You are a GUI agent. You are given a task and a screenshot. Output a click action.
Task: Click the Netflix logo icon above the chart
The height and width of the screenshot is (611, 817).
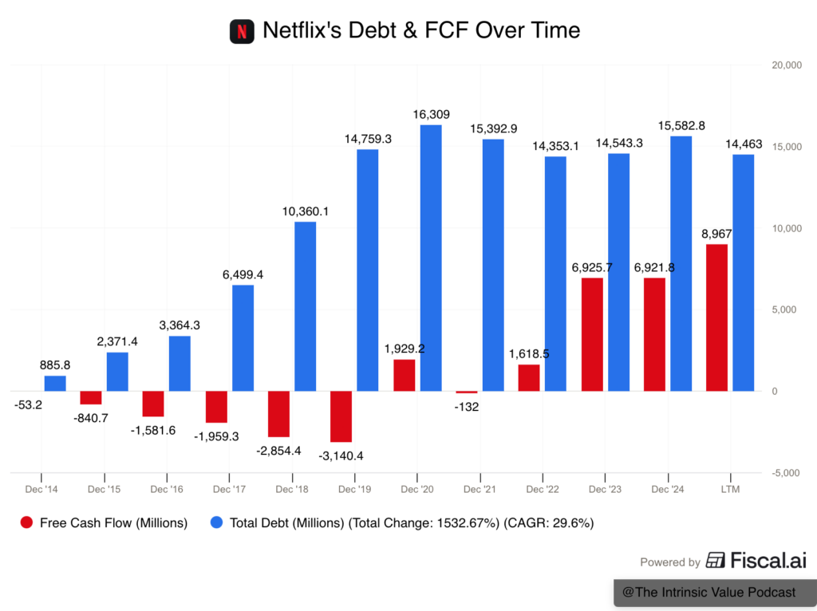coord(242,32)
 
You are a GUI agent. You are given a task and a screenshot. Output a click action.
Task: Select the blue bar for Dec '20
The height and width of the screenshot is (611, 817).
coord(431,257)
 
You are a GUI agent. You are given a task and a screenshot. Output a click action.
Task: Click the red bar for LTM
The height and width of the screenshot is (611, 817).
coord(716,317)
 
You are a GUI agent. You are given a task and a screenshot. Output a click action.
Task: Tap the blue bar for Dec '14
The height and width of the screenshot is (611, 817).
coord(55,383)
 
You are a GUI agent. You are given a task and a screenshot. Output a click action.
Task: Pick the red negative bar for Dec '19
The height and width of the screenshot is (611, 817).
coord(341,416)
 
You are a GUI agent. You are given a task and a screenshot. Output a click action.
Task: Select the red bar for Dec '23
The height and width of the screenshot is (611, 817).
coord(592,333)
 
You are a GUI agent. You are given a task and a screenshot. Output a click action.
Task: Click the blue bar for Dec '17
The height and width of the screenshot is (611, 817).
coord(243,337)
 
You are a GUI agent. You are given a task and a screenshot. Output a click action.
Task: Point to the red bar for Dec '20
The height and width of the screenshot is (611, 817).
coord(405,375)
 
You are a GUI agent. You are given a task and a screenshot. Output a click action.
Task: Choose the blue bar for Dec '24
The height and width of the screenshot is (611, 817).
coord(681,263)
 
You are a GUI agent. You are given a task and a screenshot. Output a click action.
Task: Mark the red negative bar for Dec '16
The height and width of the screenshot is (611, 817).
coord(154,404)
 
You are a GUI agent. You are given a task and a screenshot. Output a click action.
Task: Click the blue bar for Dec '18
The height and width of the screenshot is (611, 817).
coord(305,305)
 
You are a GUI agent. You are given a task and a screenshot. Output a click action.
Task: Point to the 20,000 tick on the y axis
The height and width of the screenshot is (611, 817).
coord(786,65)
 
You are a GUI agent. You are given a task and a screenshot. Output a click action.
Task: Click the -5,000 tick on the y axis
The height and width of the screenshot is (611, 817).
coord(786,473)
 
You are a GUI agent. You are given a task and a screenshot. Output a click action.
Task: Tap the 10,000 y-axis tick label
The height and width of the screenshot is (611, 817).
coord(786,229)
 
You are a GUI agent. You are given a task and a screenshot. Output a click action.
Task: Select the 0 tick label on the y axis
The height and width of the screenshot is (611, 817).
coord(774,392)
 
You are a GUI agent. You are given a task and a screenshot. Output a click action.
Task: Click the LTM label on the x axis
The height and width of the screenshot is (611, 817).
coord(730,488)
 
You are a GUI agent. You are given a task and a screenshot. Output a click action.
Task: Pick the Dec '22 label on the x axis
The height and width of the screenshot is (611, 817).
coord(543,488)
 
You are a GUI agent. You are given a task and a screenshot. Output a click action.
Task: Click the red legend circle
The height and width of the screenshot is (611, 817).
coord(26,522)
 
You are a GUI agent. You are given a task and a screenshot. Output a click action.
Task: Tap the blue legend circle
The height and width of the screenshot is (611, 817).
coord(216,522)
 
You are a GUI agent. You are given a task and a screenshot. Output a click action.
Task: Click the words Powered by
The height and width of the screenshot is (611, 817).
coord(670,562)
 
